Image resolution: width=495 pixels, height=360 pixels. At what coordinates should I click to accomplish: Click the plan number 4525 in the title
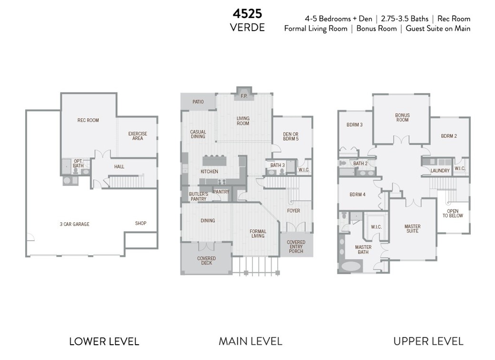click(x=248, y=14)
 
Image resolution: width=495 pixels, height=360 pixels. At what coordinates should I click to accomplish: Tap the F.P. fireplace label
click(x=244, y=96)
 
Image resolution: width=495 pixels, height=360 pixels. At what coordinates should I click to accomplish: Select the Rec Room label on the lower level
click(x=88, y=120)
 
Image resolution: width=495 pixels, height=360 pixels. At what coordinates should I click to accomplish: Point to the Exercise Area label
click(x=138, y=136)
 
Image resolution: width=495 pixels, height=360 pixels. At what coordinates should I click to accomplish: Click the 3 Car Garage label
click(x=74, y=224)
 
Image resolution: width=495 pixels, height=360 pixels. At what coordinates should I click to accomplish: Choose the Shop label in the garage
click(x=141, y=223)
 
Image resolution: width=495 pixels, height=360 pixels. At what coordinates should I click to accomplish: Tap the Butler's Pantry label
click(x=198, y=196)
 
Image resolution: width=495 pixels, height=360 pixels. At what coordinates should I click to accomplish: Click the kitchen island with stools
click(x=214, y=160)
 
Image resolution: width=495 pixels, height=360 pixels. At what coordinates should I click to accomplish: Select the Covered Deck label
click(x=206, y=260)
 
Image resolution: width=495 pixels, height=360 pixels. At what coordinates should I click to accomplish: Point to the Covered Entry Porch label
click(x=296, y=247)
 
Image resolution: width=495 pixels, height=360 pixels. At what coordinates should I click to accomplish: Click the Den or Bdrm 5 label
click(x=291, y=136)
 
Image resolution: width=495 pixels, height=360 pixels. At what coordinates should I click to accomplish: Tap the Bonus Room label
click(x=402, y=118)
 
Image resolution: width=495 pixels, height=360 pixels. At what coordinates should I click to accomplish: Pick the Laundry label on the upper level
click(x=440, y=171)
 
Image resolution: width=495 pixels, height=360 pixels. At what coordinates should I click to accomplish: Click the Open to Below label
click(x=453, y=213)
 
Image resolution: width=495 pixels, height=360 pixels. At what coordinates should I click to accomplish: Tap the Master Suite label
click(x=412, y=228)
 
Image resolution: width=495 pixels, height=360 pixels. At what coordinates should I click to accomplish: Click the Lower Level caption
click(x=104, y=341)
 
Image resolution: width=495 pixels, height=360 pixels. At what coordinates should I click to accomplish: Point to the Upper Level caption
click(x=428, y=341)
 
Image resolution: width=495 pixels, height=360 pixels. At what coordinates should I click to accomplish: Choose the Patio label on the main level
click(x=198, y=102)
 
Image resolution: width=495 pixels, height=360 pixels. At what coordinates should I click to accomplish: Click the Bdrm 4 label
click(x=357, y=195)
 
